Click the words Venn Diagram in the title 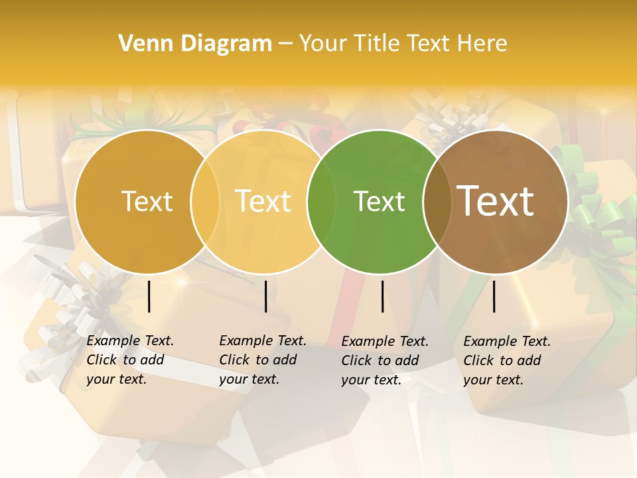point(195,44)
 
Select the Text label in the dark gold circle point(147,201)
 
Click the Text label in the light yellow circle point(263,201)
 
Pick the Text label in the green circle point(379,201)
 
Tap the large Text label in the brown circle point(496,200)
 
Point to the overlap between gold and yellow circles point(205,201)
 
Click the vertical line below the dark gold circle point(149,296)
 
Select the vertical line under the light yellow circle point(265,296)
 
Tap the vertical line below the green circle point(382,296)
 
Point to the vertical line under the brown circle point(494,296)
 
